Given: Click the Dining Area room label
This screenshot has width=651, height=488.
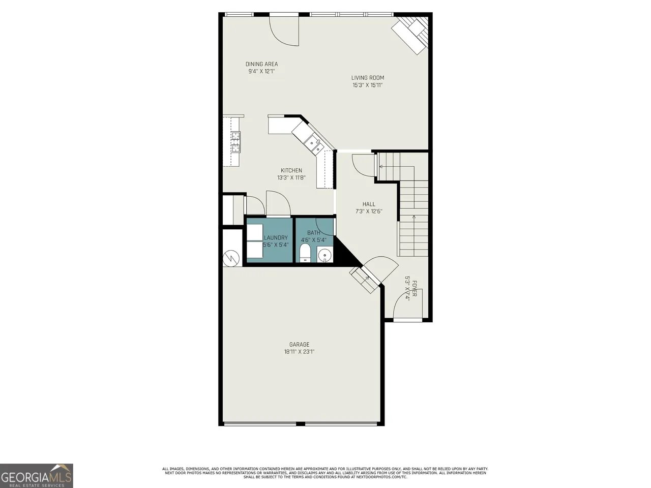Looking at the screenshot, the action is [261, 64].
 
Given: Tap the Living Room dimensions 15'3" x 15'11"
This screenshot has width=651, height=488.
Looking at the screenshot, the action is [368, 85].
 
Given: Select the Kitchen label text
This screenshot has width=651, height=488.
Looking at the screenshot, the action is [291, 170].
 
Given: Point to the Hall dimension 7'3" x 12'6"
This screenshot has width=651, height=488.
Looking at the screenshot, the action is [369, 211].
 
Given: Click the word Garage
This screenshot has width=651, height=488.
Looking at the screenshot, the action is [299, 344].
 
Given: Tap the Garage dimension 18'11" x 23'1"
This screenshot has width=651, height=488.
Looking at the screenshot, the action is [299, 352].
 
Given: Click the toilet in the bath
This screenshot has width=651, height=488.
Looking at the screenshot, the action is [305, 253].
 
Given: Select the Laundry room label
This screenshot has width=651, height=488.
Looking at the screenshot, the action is [276, 237].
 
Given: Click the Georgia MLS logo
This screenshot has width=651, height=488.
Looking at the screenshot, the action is [36, 476].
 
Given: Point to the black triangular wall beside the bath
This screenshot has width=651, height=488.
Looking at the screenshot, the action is [343, 253].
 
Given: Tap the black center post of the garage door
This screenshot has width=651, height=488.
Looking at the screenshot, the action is [301, 424].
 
